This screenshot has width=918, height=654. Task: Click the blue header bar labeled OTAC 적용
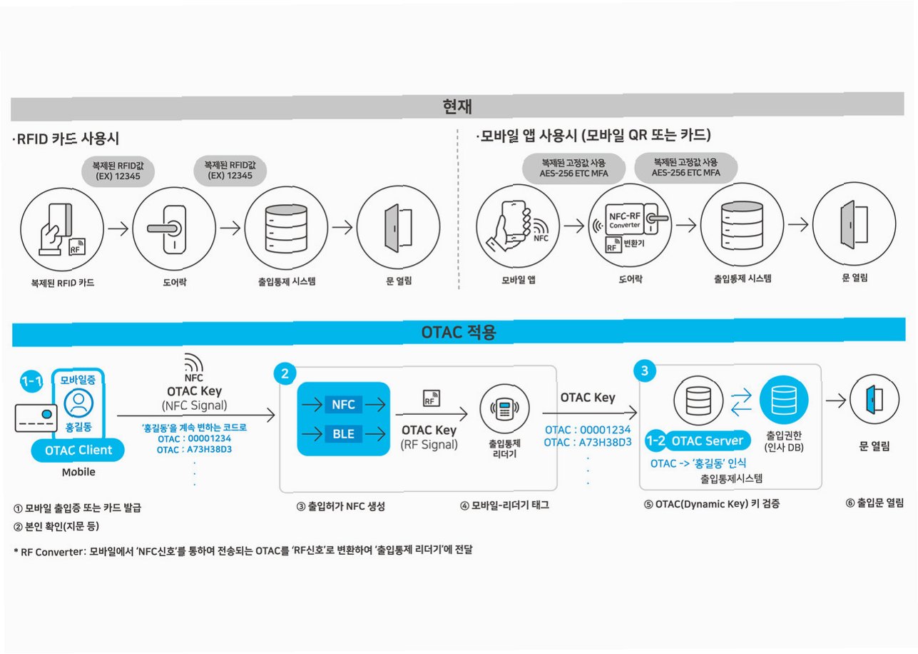tap(459, 332)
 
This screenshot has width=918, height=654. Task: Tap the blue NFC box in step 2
tap(343, 405)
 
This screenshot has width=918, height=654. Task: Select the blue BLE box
tap(343, 433)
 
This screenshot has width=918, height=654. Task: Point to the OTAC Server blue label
tap(705, 441)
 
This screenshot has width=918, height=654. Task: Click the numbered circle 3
tap(645, 371)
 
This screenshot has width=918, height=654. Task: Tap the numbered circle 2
tap(285, 373)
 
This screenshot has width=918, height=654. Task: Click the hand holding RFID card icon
tap(57, 229)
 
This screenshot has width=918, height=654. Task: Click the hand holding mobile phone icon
tap(514, 224)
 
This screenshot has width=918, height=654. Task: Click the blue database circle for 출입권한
tap(784, 400)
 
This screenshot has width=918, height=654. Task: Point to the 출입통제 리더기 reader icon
tap(505, 411)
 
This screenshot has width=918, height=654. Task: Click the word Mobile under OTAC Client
tap(78, 472)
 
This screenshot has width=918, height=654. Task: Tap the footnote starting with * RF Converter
tap(243, 550)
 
